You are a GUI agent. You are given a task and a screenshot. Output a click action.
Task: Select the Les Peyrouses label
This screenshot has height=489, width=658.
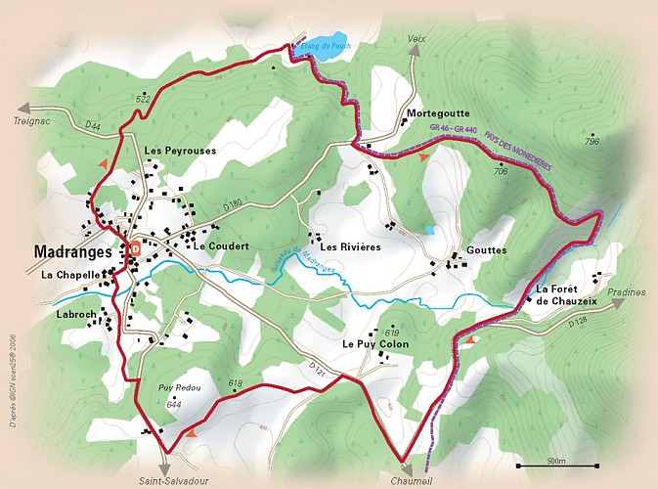180,151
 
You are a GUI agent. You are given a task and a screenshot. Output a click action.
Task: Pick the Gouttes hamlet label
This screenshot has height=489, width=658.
488,250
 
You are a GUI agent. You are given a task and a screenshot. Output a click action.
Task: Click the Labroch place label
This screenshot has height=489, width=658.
74,314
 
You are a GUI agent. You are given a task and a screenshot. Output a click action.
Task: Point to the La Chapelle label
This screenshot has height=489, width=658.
71,276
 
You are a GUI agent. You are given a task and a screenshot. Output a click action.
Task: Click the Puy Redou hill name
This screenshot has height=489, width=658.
179,388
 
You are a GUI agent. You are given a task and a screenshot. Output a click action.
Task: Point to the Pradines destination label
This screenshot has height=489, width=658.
625,291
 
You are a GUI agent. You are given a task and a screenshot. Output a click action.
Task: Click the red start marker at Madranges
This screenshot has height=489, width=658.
134,248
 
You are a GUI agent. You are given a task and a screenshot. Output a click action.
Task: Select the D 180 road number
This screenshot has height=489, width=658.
232,204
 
